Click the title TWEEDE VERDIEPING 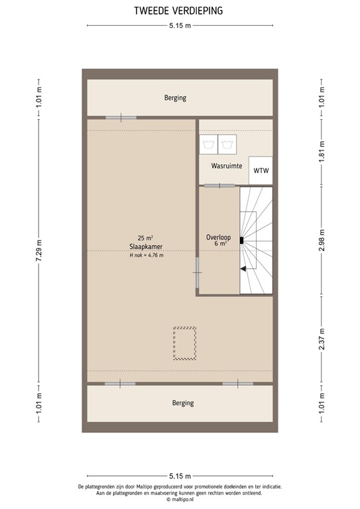[x=180, y=11]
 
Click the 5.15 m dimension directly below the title [x=180, y=26]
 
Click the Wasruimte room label [x=226, y=166]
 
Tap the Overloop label [x=218, y=236]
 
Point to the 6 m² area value [x=220, y=244]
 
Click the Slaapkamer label [x=147, y=246]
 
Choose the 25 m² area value [x=146, y=238]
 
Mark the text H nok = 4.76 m [x=147, y=254]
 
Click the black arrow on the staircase [x=243, y=268]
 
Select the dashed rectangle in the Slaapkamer [x=184, y=343]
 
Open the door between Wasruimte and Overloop [x=215, y=185]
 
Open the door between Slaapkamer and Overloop [x=197, y=266]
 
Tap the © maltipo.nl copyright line [x=180, y=499]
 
